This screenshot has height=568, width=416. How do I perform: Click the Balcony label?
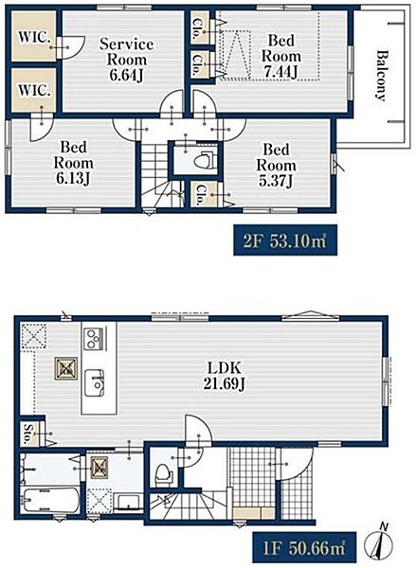(380, 76)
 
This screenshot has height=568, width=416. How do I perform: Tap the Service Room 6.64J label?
(127, 60)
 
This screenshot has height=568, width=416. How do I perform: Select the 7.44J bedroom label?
(281, 56)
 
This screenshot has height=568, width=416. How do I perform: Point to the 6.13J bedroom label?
(73, 163)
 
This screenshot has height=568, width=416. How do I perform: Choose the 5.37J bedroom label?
(276, 165)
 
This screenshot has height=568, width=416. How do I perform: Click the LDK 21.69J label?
(224, 376)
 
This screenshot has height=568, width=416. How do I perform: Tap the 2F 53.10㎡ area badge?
(285, 240)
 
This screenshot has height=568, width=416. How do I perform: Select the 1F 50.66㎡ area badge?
(304, 547)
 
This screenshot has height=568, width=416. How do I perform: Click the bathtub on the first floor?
(50, 500)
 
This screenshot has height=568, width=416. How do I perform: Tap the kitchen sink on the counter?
(95, 383)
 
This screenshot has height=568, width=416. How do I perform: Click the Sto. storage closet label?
(28, 434)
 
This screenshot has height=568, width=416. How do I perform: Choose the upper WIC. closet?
(33, 36)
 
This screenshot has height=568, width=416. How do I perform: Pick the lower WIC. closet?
(33, 90)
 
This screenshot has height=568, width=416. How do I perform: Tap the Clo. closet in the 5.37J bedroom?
(202, 194)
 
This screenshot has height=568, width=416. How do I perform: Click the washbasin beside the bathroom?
(128, 502)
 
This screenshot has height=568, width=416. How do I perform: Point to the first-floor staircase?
(189, 506)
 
